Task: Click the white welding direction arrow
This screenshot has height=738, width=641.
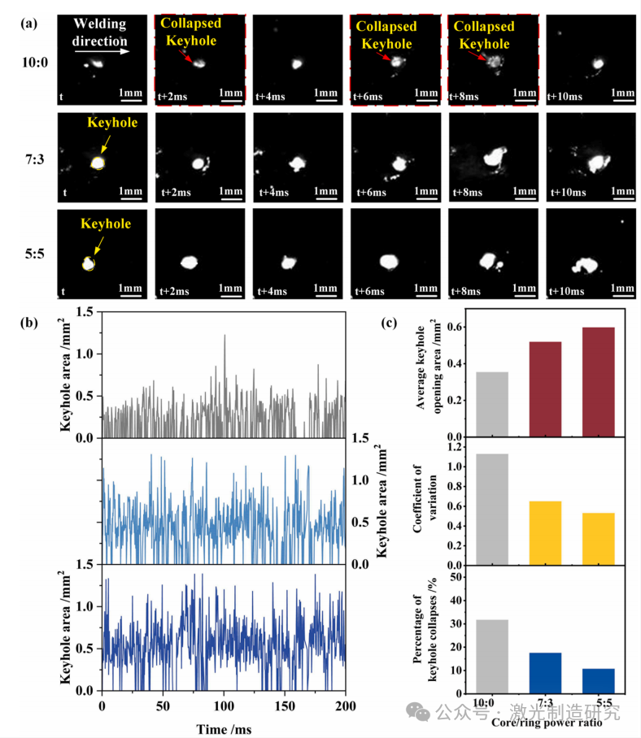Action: tap(101, 51)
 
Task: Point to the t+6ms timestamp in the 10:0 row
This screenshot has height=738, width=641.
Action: tap(368, 97)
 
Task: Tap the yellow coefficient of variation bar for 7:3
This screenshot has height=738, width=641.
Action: tap(545, 533)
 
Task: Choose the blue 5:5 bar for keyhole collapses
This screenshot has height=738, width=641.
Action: tap(598, 679)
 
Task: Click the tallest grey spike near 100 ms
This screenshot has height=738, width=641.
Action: tap(225, 341)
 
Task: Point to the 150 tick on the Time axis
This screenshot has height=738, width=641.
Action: tap(285, 703)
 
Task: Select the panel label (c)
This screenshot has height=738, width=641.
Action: tap(390, 323)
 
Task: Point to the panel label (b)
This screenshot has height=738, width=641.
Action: tap(30, 323)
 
